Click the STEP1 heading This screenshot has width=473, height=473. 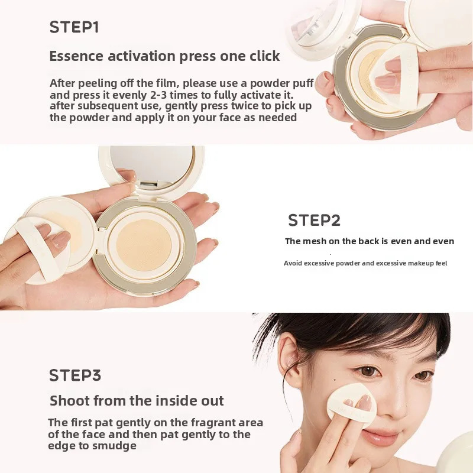[x=74, y=27]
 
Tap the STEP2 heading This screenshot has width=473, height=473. [x=314, y=221]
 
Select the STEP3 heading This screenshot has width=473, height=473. [x=75, y=375]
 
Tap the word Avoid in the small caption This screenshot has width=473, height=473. [x=294, y=263]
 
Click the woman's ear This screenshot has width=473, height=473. [x=289, y=358]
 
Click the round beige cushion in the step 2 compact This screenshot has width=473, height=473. [x=145, y=243]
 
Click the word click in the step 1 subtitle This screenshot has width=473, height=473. [x=260, y=56]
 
